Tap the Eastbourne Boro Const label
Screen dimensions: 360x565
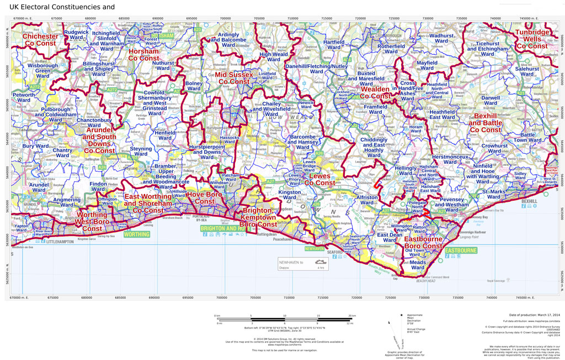pos(430,243)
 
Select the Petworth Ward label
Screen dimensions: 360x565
pos(23,99)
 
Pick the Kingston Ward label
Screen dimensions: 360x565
pos(290,196)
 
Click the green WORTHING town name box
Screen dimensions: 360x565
pos(137,234)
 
